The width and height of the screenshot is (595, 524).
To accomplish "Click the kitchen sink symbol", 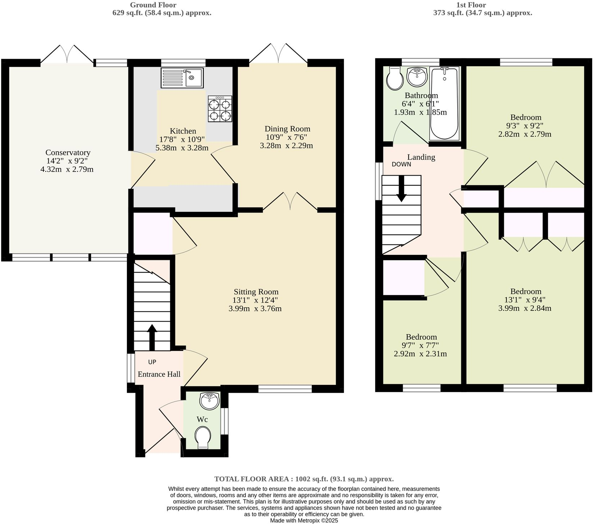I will click(182, 78).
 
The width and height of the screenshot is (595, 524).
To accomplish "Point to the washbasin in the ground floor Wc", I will click(209, 401).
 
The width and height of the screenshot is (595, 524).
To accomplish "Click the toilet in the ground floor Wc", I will click(203, 437).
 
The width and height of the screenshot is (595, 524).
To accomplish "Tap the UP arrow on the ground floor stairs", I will click(152, 337).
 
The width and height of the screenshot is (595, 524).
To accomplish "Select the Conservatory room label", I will click(67, 153).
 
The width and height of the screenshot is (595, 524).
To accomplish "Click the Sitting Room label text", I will click(256, 292).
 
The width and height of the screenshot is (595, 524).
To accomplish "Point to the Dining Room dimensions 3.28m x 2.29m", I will click(286, 146).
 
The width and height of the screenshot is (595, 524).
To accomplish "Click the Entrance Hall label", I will click(159, 374).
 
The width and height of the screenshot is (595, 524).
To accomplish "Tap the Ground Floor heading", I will click(153, 5).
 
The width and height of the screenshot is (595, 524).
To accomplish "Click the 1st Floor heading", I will click(471, 5).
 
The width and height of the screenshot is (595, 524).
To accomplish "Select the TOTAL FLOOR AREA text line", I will click(304, 479).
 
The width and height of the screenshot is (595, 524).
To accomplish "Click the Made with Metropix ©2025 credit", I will click(304, 520).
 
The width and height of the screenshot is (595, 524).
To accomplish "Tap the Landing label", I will click(421, 157).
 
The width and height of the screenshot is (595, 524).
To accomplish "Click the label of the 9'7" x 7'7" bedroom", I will click(421, 337).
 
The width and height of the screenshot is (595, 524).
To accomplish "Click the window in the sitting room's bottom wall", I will click(285, 389).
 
